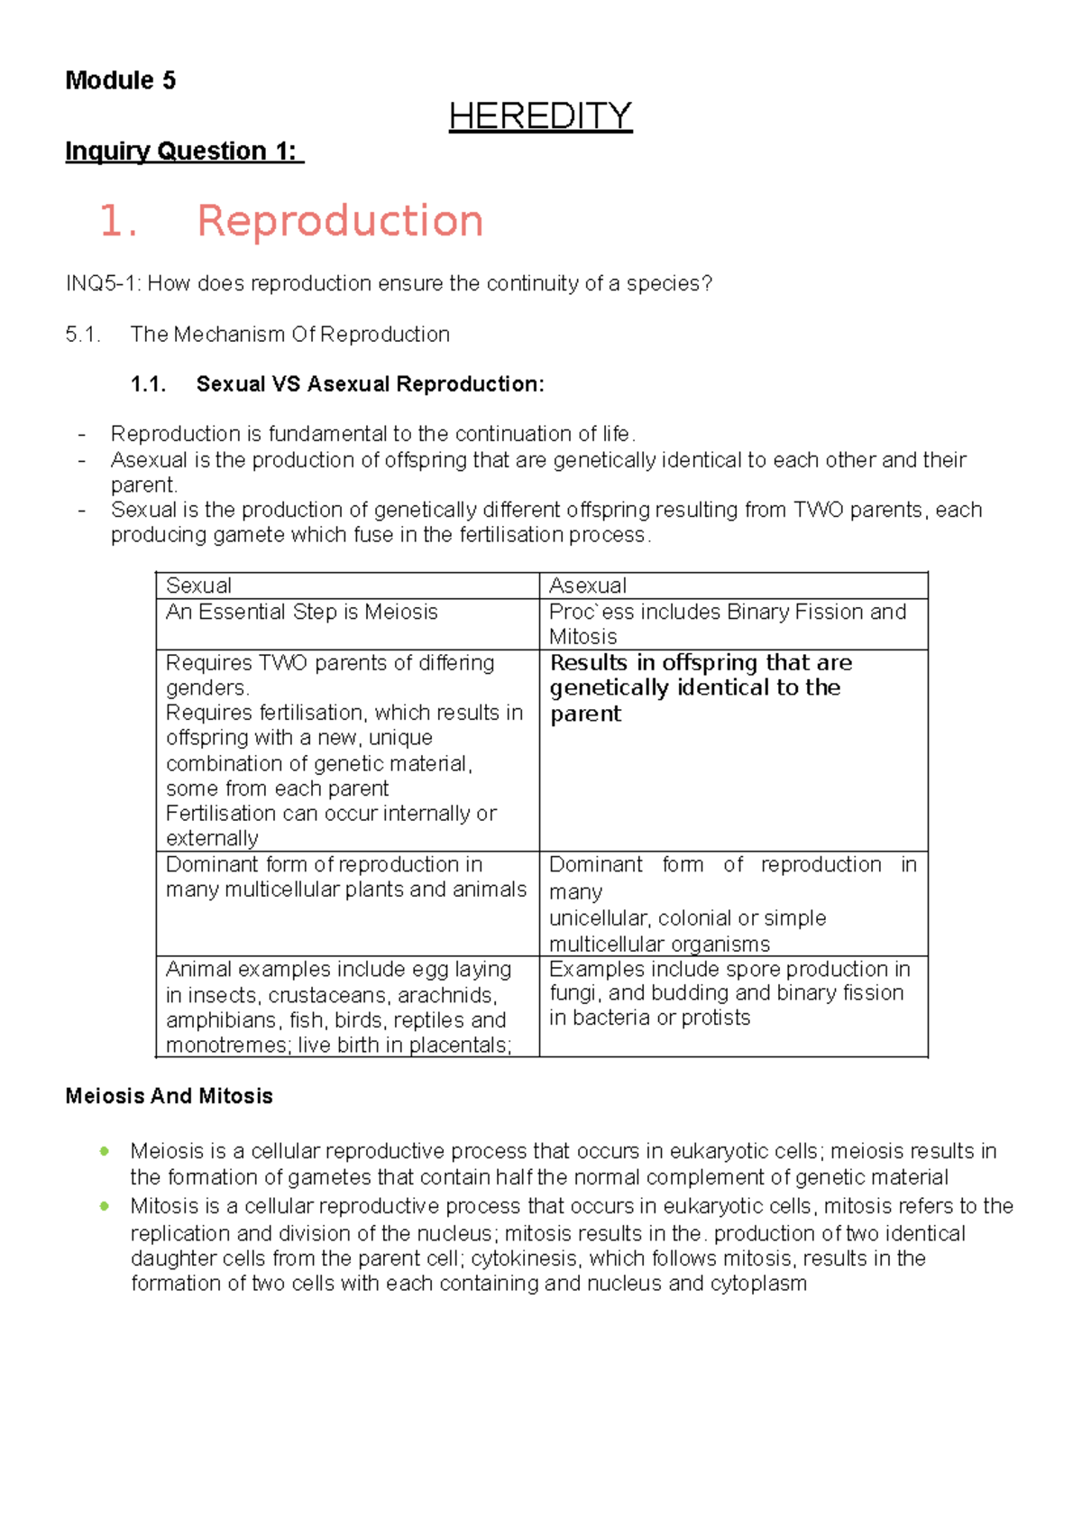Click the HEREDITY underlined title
pos(540,116)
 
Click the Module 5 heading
pos(120,80)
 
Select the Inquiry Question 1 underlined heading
pos(184,151)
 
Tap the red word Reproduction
pos(340,221)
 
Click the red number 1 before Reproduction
pos(116,221)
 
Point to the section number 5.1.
pos(82,335)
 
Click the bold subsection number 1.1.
pos(149,384)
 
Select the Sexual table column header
pos(198,585)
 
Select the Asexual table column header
pos(588,585)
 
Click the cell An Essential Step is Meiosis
pos(301,612)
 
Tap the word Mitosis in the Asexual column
pos(582,637)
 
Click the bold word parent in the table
pos(585,714)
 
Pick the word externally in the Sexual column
pos(212,838)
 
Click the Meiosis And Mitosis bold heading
pos(169,1096)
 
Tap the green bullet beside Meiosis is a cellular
pos(105,1150)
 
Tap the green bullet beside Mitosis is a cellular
pos(105,1205)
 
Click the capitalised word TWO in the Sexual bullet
pos(818,510)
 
